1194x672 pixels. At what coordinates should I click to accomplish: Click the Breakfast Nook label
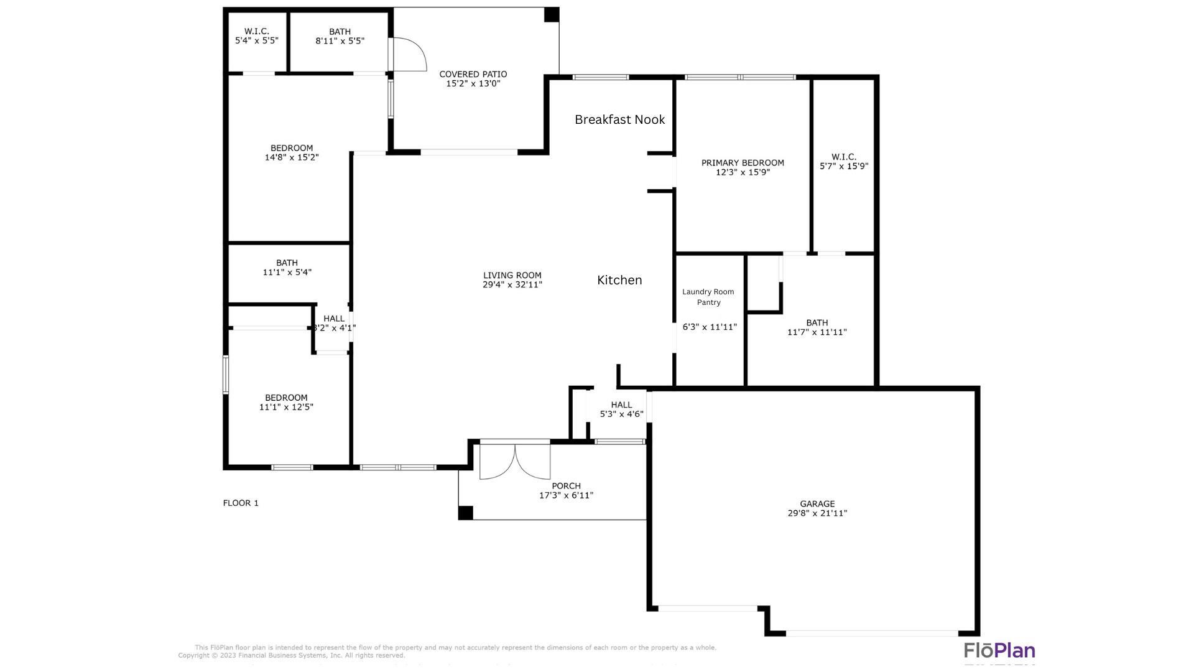(x=619, y=119)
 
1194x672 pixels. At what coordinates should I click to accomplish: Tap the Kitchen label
(x=619, y=280)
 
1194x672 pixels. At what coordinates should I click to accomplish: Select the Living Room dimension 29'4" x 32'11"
(x=512, y=285)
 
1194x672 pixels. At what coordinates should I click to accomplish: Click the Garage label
(x=817, y=504)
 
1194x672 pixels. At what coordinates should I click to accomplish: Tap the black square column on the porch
(x=465, y=513)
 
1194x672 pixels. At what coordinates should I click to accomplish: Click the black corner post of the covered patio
(x=552, y=15)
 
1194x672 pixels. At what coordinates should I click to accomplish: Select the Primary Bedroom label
(x=743, y=163)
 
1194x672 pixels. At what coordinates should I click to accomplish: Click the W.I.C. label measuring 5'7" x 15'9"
(x=844, y=157)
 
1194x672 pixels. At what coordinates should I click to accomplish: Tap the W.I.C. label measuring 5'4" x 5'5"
(x=256, y=31)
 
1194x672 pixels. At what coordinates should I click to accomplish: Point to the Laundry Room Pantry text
(x=708, y=297)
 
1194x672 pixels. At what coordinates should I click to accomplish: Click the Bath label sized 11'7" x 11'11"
(x=817, y=322)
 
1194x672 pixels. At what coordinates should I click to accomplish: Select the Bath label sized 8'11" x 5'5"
(x=340, y=32)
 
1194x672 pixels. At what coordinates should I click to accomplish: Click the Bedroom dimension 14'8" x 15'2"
(x=292, y=157)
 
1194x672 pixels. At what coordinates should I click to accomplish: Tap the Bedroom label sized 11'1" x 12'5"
(x=286, y=398)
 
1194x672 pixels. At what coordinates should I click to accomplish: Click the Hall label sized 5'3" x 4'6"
(x=621, y=404)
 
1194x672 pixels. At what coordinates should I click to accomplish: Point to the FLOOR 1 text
(x=241, y=503)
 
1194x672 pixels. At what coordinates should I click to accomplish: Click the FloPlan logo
(x=999, y=651)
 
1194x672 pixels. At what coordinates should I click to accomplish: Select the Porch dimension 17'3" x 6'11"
(x=566, y=495)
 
